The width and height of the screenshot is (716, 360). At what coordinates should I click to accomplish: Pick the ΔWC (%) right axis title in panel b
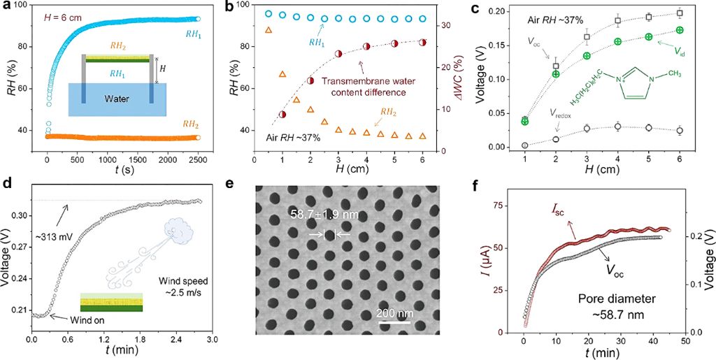pyautogui.click(x=466, y=77)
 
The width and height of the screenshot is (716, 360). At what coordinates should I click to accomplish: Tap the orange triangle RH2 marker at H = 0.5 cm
pyautogui.click(x=268, y=30)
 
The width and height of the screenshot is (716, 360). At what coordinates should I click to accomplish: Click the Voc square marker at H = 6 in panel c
pyautogui.click(x=680, y=13)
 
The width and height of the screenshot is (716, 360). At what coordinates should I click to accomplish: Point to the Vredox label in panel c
pyautogui.click(x=552, y=113)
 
